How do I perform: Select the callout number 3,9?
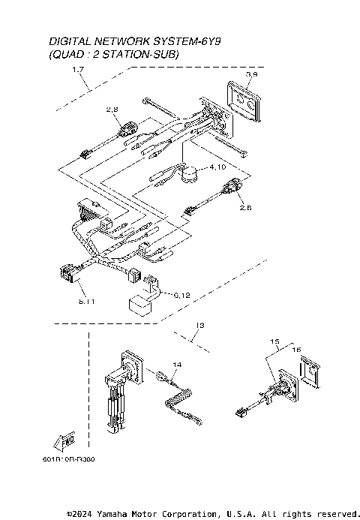(x=253, y=75)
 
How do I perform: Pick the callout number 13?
(x=198, y=326)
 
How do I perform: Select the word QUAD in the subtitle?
(x=67, y=55)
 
